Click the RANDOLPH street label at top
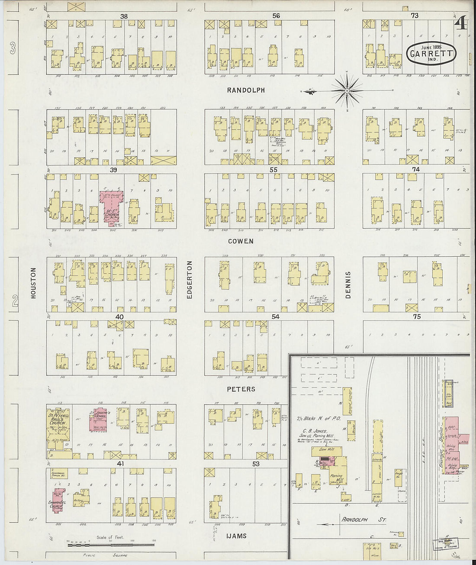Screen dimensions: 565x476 pos(245,90)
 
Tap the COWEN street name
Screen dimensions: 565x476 pos(241,241)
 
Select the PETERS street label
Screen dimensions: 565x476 pos(241,389)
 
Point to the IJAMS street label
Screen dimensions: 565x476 pos(237,536)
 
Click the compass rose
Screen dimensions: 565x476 pos(347,90)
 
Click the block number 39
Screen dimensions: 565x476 pos(113,170)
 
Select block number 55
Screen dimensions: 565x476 pos(273,170)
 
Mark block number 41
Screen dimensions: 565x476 pos(120,464)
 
